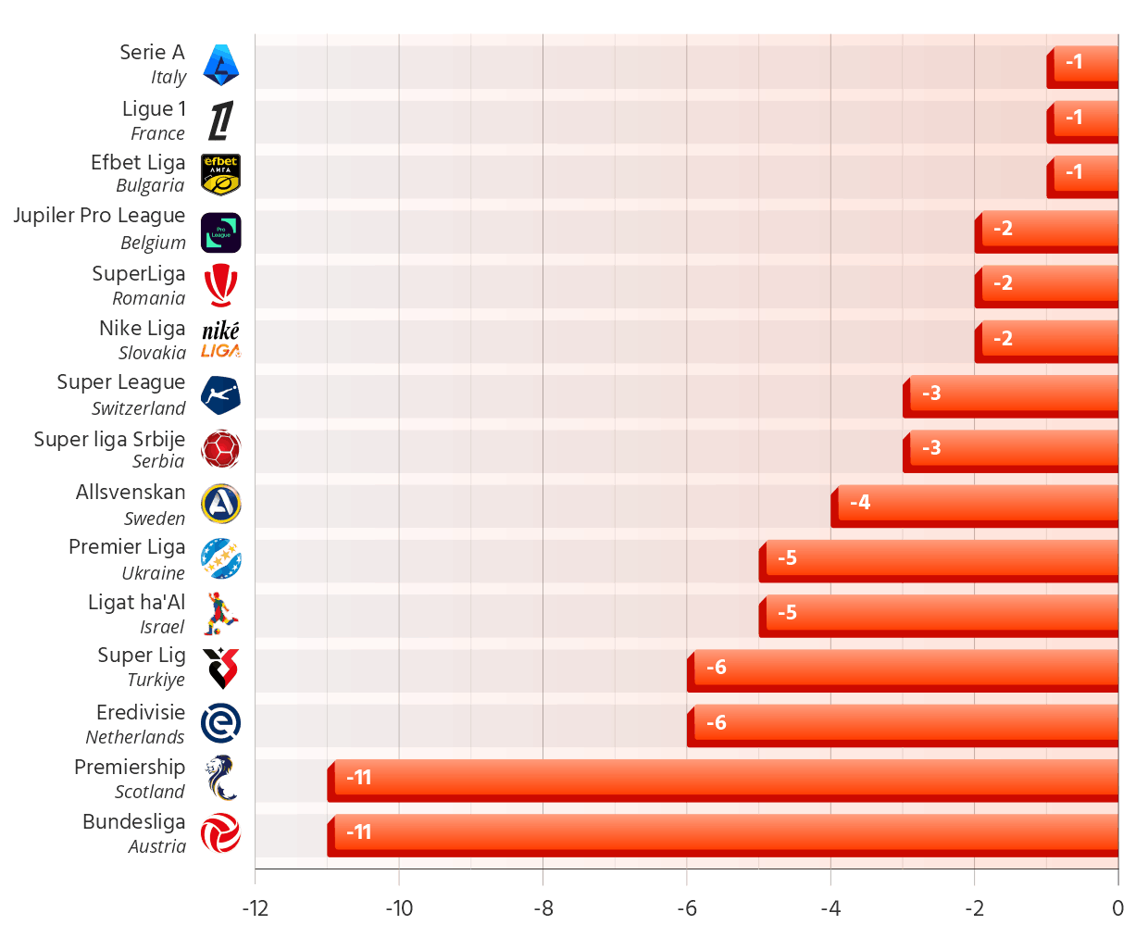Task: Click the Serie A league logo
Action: (220, 65)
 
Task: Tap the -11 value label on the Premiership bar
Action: (358, 778)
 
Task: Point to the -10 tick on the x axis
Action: (399, 908)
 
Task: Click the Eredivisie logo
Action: (220, 723)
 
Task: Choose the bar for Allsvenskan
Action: (977, 503)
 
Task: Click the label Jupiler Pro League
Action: (99, 216)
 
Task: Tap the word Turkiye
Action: (156, 680)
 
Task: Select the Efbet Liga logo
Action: (220, 174)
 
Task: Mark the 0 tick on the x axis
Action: (1117, 908)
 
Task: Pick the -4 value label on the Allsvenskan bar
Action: (860, 503)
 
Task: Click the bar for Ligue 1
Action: (1085, 118)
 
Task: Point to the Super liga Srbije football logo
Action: (220, 449)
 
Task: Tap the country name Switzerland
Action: (139, 408)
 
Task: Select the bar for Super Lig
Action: (905, 668)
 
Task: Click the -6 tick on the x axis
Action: (687, 908)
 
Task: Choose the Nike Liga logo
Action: (220, 340)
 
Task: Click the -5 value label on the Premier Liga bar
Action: (787, 557)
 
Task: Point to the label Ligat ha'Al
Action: (136, 603)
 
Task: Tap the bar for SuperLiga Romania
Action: (1049, 282)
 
